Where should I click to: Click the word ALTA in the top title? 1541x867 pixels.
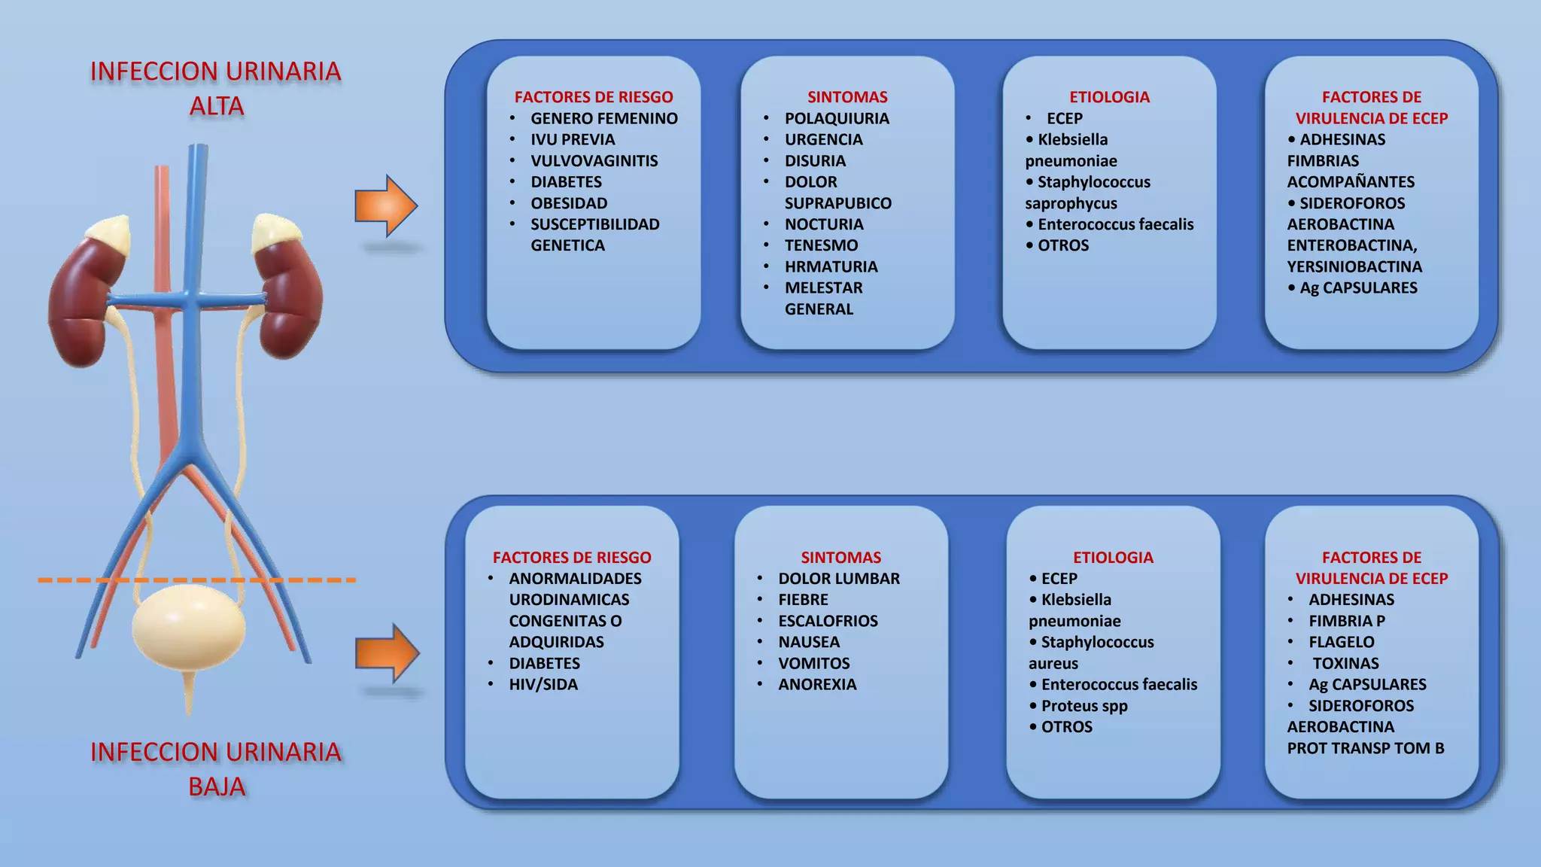[217, 106]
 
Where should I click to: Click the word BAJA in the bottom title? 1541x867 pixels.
[217, 786]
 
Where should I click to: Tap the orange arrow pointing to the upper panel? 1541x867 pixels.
[386, 206]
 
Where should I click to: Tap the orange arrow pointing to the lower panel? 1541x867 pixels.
[387, 653]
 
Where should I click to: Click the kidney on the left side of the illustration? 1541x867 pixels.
[84, 294]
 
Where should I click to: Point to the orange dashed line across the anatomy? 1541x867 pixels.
[197, 580]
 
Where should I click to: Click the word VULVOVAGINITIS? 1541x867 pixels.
[594, 161]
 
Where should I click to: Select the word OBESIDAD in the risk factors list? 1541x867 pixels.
[569, 203]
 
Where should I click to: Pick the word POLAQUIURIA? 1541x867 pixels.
[837, 119]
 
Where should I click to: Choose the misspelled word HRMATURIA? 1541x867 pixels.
[831, 266]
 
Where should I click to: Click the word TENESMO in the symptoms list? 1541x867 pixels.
[821, 245]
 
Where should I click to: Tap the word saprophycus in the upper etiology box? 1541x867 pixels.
[1071, 204]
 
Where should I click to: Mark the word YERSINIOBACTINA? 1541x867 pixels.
[1354, 266]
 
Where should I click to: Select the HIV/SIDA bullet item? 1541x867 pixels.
[543, 685]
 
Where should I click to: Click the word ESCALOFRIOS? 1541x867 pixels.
[828, 621]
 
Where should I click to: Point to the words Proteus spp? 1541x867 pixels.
[1084, 706]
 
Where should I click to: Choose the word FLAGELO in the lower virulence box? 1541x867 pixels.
[1341, 642]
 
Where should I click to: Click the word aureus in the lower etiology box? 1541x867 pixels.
[1053, 664]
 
